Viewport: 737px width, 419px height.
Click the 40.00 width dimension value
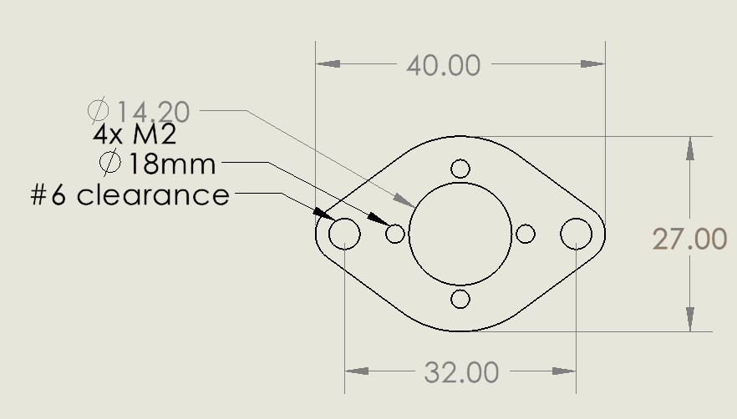click(x=443, y=65)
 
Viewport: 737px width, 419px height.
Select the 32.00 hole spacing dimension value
click(x=461, y=372)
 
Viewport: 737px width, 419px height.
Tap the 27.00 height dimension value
click(x=689, y=240)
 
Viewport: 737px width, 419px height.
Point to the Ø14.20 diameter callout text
click(x=139, y=110)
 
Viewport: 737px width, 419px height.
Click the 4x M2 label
click(x=134, y=135)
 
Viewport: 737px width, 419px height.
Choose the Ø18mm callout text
click(x=157, y=164)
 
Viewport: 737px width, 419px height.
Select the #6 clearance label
click(x=130, y=195)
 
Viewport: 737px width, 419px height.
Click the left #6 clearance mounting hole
click(x=344, y=234)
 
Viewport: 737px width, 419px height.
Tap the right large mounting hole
click(x=576, y=234)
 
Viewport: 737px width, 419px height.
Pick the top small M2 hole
click(x=460, y=169)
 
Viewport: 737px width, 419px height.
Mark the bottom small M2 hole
click(x=460, y=299)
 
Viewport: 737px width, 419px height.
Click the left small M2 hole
click(x=395, y=234)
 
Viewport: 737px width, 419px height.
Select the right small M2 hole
click(x=526, y=234)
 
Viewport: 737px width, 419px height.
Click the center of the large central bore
click(x=460, y=234)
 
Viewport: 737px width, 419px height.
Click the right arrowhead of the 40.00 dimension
click(x=592, y=64)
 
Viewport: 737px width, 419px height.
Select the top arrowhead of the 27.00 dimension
click(x=689, y=148)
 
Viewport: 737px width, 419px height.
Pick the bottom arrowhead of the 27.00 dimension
click(x=689, y=320)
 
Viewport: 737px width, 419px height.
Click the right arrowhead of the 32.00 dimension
click(x=564, y=371)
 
